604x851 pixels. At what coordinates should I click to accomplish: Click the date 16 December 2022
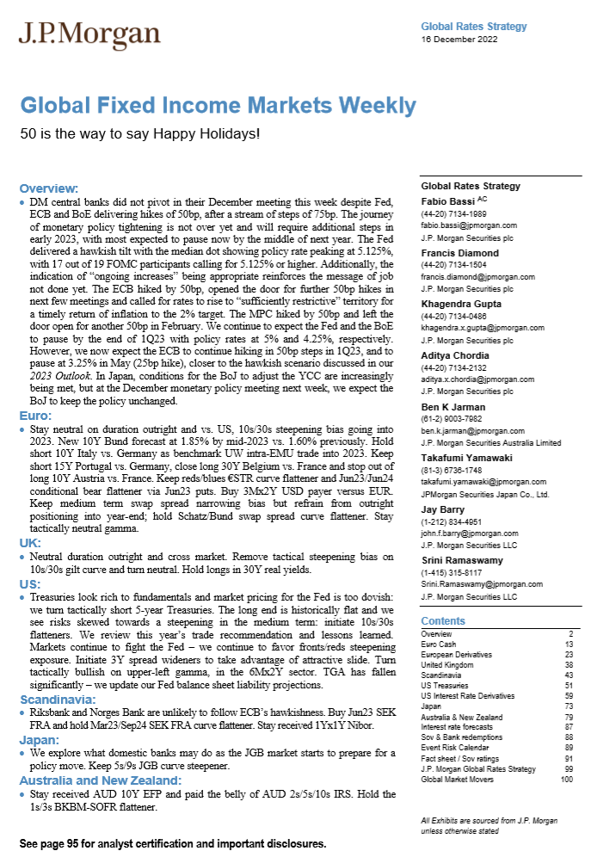click(x=458, y=40)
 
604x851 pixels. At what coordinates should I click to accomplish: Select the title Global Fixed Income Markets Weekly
click(x=218, y=107)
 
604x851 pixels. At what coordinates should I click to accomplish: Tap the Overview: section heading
click(x=49, y=188)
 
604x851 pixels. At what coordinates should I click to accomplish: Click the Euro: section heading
click(x=35, y=415)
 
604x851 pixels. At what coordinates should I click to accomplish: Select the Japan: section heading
click(x=39, y=738)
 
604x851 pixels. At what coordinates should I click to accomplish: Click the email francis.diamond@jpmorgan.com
click(x=478, y=277)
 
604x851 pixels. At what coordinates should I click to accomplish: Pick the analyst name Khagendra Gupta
click(x=464, y=303)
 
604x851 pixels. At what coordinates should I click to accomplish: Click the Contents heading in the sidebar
click(x=443, y=621)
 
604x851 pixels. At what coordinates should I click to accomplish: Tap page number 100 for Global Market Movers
click(x=565, y=779)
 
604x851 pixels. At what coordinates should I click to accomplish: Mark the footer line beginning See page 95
click(x=172, y=842)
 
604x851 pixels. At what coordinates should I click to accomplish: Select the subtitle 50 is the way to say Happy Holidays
click(x=139, y=134)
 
